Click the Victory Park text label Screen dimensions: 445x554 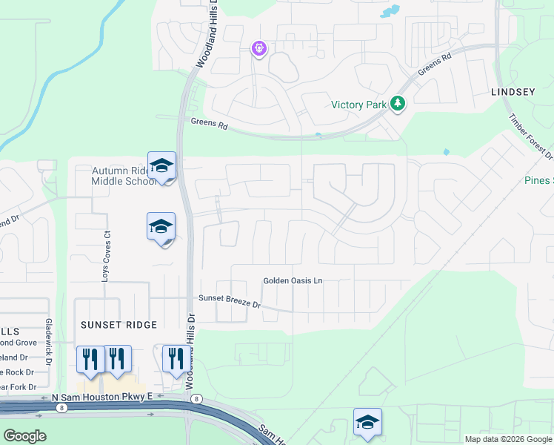click(x=358, y=105)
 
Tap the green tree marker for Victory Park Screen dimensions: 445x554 click(x=398, y=104)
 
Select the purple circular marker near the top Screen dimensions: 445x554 click(x=259, y=49)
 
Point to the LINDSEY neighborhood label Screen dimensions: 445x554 click(x=513, y=92)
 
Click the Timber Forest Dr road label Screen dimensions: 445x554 click(x=530, y=136)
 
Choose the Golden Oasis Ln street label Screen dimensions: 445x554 click(x=294, y=281)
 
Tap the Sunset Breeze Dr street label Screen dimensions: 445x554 click(x=230, y=302)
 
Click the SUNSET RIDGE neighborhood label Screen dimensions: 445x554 click(x=119, y=325)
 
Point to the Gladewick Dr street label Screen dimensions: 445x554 click(x=49, y=342)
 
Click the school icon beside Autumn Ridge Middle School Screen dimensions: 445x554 click(x=161, y=166)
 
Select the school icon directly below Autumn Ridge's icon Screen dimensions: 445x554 click(x=161, y=227)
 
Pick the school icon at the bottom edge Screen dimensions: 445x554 click(x=367, y=422)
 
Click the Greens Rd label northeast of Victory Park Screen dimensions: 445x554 click(x=435, y=66)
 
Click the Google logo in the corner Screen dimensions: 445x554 click(x=24, y=436)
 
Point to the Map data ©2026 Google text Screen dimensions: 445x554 click(x=508, y=439)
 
